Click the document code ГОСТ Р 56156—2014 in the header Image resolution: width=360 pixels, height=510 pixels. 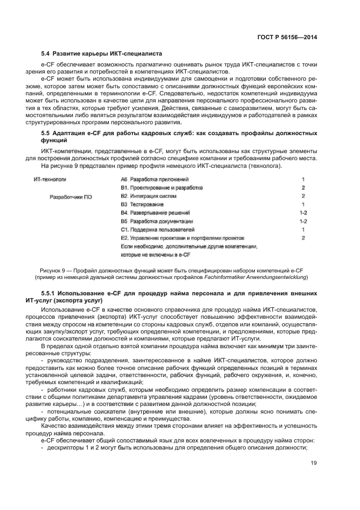click(x=287, y=37)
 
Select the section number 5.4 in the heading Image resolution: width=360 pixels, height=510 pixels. click(x=46, y=53)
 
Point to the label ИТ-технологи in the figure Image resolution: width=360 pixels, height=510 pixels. click(x=50, y=179)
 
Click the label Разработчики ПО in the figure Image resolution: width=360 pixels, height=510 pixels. click(x=71, y=197)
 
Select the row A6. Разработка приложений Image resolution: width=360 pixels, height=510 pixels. click(x=155, y=179)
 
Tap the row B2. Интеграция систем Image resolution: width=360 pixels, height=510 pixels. click(x=149, y=196)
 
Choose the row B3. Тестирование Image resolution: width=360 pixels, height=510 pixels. click(x=142, y=204)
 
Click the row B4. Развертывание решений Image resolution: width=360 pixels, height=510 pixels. click(x=155, y=212)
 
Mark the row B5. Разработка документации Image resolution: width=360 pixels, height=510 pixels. click(x=157, y=221)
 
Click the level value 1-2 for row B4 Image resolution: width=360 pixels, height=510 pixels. click(x=303, y=212)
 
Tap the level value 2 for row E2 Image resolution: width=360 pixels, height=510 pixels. click(x=303, y=238)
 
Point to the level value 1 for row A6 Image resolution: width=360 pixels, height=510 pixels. click(x=303, y=179)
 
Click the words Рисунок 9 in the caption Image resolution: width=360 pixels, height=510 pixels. click(x=53, y=269)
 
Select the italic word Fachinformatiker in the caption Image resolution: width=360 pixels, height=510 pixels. click(x=238, y=277)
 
